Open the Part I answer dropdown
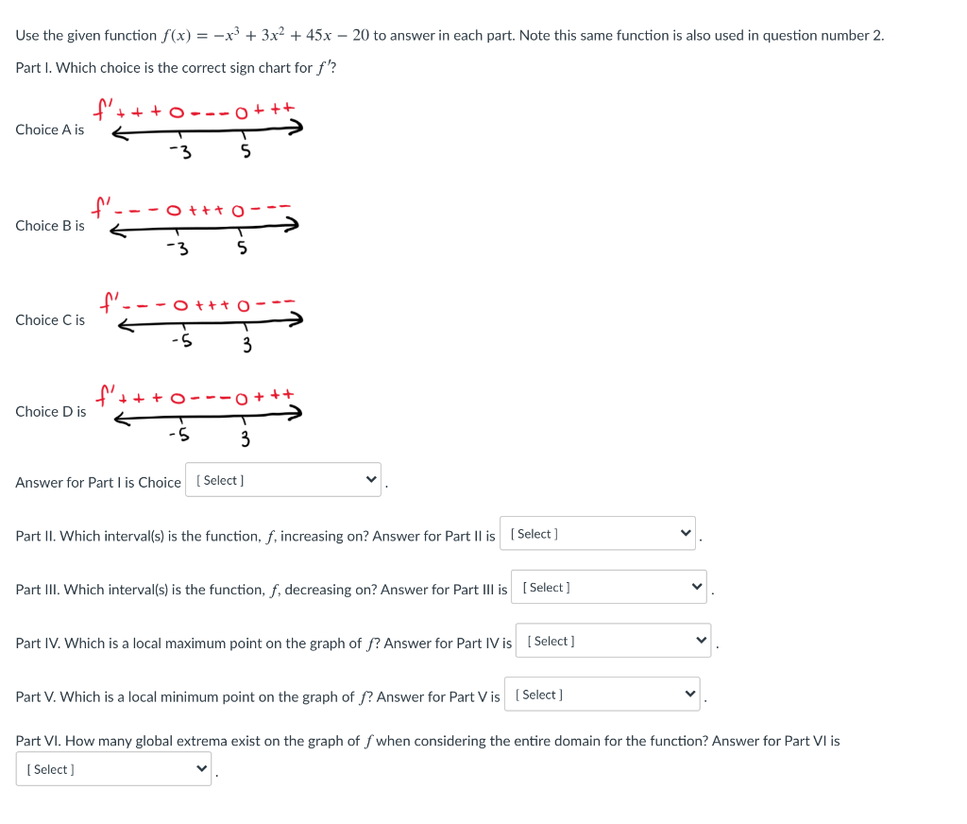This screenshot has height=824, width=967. pos(283,480)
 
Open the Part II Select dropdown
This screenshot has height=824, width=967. pos(597,534)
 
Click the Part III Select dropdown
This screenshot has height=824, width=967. pos(608,588)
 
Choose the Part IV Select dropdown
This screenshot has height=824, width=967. pos(613,642)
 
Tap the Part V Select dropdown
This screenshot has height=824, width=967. pos(602,695)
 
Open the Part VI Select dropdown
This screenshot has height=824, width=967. pos(113,769)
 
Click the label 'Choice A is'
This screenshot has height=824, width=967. pos(49,129)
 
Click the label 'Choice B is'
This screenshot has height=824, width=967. pos(49,226)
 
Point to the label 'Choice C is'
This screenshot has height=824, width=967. pos(49,320)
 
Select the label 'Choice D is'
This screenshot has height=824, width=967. pos(50,412)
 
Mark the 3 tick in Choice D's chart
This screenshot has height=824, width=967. pos(245,438)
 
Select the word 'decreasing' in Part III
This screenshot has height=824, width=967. pos(318,590)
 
